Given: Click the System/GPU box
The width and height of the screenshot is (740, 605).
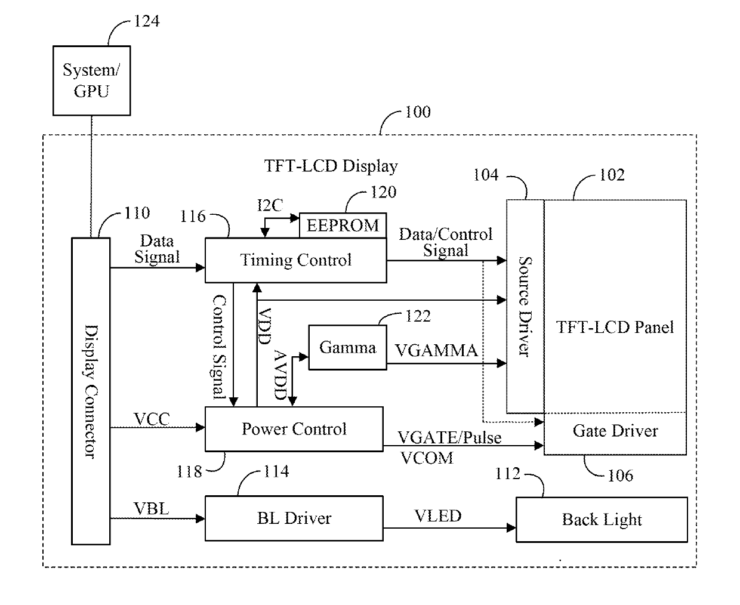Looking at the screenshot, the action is pos(91,81).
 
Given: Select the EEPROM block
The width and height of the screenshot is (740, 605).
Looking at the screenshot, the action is pos(343,226).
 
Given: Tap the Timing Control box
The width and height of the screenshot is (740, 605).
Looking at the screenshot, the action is pos(296,260).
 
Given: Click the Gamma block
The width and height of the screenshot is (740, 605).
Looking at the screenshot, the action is pos(348,347).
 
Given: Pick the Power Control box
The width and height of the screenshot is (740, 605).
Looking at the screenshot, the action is pos(294,429).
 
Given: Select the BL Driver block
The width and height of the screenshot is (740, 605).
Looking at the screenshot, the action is pos(294,518).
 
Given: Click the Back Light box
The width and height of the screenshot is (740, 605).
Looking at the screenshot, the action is pos(602,520).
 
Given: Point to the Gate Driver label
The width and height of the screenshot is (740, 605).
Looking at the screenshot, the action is pos(615,431).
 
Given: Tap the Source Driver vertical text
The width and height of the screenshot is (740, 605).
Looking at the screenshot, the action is pos(525,307).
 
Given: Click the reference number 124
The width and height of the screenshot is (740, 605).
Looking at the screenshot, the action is pos(147,21).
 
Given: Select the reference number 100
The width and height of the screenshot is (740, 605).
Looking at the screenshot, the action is pos(418,112).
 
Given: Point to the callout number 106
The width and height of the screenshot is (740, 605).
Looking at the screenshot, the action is pos(621,476).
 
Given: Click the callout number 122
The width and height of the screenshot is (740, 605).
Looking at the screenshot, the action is pos(418,316).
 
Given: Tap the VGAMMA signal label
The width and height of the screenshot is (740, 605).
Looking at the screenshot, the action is pos(436,351).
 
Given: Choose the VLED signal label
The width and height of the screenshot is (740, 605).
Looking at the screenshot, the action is pos(438,516).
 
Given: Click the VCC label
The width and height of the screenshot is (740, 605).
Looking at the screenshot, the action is pos(152,419).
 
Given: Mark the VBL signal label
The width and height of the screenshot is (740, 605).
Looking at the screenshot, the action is pos(151,508).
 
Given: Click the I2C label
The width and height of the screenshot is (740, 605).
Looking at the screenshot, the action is pos(270,205).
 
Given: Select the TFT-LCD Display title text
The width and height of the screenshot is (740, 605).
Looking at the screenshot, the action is pos(331,166).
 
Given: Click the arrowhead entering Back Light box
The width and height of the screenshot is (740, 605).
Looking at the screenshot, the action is pos(511,527).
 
